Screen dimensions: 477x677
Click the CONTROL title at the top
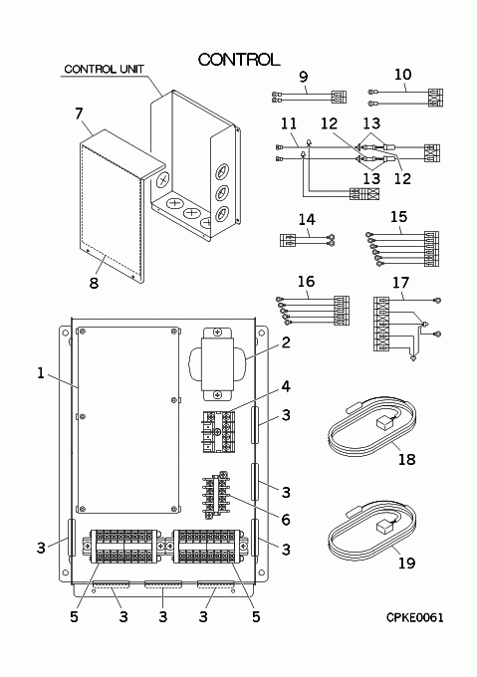tap(239, 60)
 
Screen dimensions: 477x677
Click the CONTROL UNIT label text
tap(104, 69)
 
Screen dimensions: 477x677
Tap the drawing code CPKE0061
tap(414, 617)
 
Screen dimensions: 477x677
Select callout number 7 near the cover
tap(78, 113)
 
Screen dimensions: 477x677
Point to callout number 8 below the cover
tap(94, 283)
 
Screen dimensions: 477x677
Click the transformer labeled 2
tap(217, 363)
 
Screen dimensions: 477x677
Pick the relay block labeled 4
tap(219, 431)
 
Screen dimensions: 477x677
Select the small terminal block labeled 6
tap(216, 495)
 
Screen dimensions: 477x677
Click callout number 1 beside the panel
tap(41, 372)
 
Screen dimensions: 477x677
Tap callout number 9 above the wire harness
tap(304, 77)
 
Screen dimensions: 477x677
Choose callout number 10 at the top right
tap(402, 75)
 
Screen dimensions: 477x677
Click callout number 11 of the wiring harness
tap(289, 123)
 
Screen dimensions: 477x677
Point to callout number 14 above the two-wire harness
tap(307, 219)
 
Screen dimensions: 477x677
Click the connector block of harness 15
tap(431, 249)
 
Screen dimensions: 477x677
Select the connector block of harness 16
tap(342, 311)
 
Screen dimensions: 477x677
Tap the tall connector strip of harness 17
tap(381, 324)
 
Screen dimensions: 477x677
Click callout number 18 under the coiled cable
tap(406, 459)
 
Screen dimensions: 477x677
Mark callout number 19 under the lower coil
tap(406, 563)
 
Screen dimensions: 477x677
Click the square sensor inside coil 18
tap(383, 423)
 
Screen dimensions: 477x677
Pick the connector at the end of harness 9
tap(339, 98)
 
